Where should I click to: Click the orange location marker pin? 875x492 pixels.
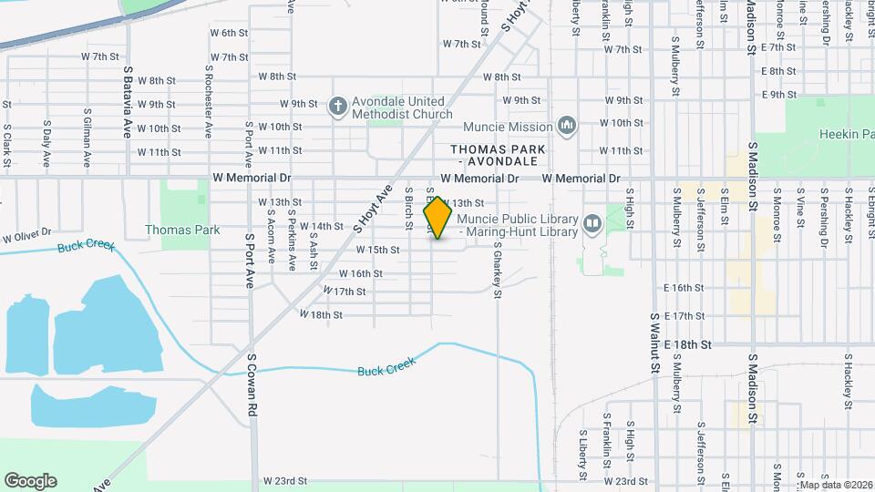pyautogui.click(x=438, y=218)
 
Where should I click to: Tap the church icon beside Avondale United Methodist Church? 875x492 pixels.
pyautogui.click(x=337, y=107)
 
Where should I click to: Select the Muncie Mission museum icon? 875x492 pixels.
pyautogui.click(x=567, y=125)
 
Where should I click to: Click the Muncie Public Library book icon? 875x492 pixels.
pyautogui.click(x=592, y=222)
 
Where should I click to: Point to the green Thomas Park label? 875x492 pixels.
pyautogui.click(x=182, y=231)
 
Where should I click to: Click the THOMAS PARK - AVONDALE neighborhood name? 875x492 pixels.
pyautogui.click(x=498, y=155)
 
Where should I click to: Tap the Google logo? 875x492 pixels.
pyautogui.click(x=30, y=481)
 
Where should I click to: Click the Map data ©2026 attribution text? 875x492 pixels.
pyautogui.click(x=836, y=485)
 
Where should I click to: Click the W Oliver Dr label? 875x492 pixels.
pyautogui.click(x=26, y=237)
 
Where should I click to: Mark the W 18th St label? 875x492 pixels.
pyautogui.click(x=321, y=314)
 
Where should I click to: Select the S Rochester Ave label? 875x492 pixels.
pyautogui.click(x=209, y=101)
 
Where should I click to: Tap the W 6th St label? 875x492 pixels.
pyautogui.click(x=229, y=33)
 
